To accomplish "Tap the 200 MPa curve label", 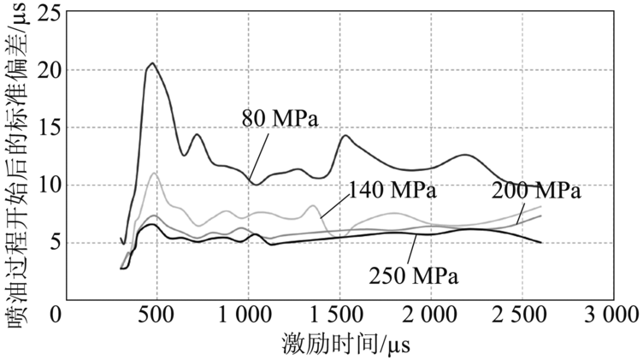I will (x=537, y=190).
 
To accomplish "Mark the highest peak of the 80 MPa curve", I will (x=152, y=63).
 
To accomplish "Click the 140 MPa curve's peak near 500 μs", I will (x=154, y=174).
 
